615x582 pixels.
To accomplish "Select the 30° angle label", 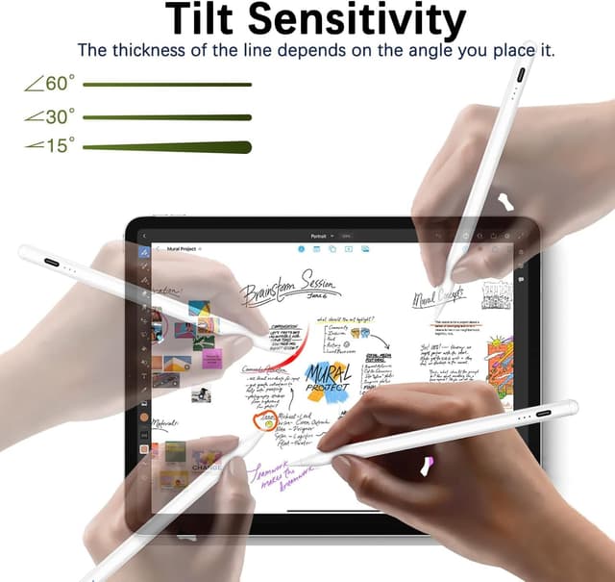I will pos(49,116).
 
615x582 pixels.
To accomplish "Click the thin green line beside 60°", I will pos(167,85).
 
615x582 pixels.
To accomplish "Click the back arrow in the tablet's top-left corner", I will pos(143,236).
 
